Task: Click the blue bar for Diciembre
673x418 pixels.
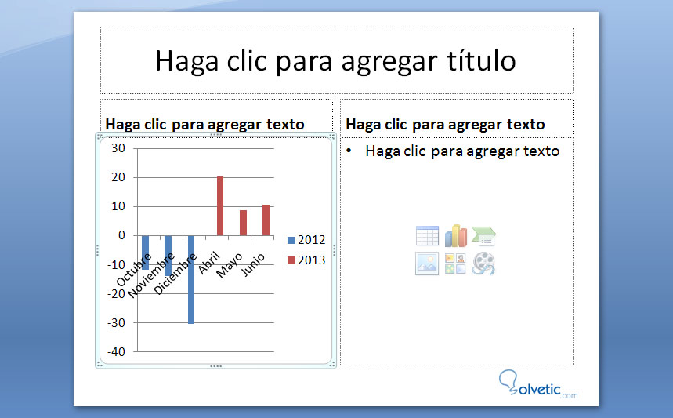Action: tap(191, 279)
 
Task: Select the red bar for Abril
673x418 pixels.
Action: tap(220, 205)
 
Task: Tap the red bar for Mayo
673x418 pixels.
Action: tap(243, 223)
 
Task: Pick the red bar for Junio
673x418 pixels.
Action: tap(266, 220)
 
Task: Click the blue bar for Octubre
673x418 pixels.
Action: tap(146, 253)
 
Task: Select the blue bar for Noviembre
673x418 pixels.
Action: tap(168, 256)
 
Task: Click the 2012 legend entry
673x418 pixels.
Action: tap(306, 240)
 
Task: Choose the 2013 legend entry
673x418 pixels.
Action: tap(306, 260)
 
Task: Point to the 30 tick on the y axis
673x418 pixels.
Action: tap(118, 148)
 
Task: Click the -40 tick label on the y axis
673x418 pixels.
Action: tap(116, 352)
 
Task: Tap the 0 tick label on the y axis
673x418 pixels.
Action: tap(121, 235)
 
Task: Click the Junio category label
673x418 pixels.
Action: tap(253, 264)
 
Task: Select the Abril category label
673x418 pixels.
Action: tap(209, 264)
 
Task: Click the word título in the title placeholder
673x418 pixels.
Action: tap(481, 60)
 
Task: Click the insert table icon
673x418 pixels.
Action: tap(427, 236)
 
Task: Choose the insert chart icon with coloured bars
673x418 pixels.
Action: tap(455, 235)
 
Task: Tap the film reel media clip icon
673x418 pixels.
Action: tap(483, 264)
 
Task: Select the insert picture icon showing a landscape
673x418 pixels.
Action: tap(427, 264)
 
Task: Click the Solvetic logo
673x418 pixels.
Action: tap(537, 383)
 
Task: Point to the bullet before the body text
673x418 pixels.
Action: tap(349, 151)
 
